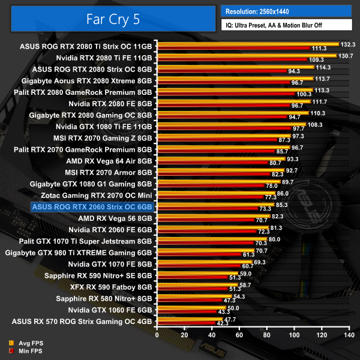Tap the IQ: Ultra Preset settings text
click(x=285, y=25)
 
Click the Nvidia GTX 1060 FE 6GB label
click(x=110, y=309)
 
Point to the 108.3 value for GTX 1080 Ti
click(x=314, y=124)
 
